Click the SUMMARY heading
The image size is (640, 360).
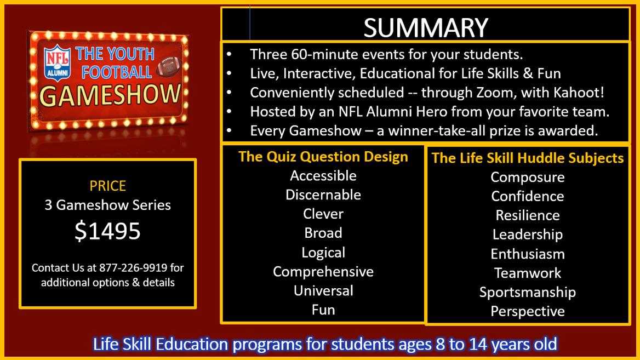[x=426, y=27]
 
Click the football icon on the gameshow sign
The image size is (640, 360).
[x=169, y=66]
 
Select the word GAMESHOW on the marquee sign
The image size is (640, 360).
[x=110, y=95]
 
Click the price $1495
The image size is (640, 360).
[x=108, y=231]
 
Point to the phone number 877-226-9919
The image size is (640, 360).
[x=133, y=268]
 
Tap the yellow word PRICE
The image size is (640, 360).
[x=108, y=186]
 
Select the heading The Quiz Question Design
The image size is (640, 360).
[x=323, y=157]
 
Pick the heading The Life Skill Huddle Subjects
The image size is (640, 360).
[x=528, y=158]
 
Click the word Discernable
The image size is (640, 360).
[x=323, y=195]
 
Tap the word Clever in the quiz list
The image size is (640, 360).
[x=323, y=214]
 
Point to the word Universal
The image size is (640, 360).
[x=323, y=290]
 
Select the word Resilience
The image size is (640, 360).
[x=528, y=215]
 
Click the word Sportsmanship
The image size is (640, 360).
[x=528, y=292]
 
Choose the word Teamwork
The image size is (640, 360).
[x=528, y=273]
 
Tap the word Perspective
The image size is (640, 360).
[x=528, y=311]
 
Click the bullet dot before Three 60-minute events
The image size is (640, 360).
[x=230, y=54]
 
